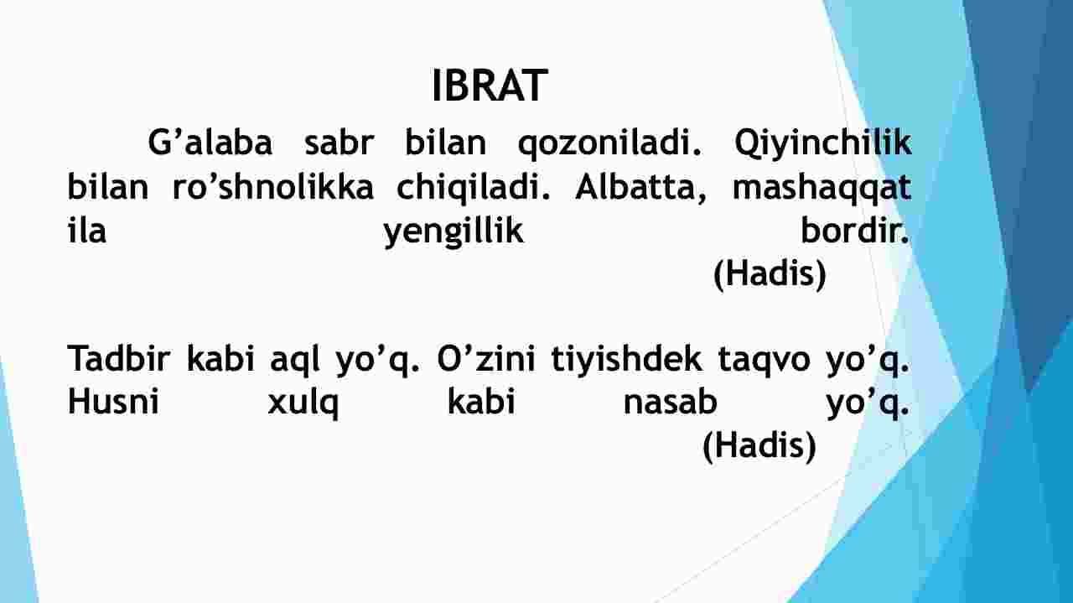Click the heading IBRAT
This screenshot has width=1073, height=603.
490,86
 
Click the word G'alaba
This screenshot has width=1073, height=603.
210,143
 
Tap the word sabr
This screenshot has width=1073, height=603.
340,143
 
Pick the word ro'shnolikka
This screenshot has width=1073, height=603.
272,187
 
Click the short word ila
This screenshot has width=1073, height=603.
86,230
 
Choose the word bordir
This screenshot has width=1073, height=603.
855,230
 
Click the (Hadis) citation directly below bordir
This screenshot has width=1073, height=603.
770,274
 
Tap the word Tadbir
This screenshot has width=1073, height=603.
119,358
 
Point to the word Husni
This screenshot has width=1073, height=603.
113,402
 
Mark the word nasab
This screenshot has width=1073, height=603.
670,402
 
